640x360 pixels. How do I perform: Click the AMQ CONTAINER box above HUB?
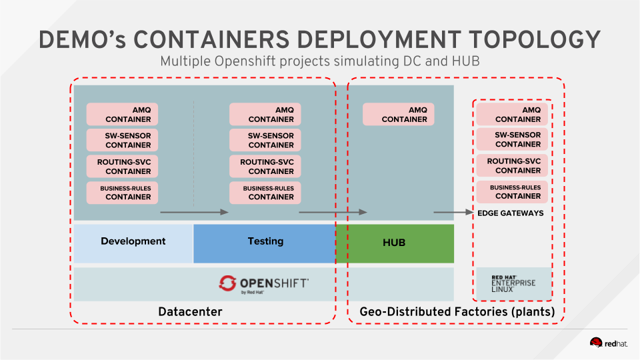tap(398, 114)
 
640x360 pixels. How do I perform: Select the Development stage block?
tap(133, 241)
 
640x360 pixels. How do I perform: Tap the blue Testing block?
tap(265, 241)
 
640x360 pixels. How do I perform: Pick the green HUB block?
tap(394, 243)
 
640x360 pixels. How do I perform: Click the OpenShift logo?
tap(263, 284)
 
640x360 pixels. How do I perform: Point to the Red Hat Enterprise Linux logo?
tap(513, 284)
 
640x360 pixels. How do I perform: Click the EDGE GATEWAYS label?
tap(511, 213)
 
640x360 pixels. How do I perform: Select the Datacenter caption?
tap(190, 311)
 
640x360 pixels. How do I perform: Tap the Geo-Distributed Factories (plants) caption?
tap(457, 311)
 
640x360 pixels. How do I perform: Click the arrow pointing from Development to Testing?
tap(195, 212)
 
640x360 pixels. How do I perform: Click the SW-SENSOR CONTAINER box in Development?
tap(123, 140)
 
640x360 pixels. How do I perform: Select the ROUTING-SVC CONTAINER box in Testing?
tap(265, 166)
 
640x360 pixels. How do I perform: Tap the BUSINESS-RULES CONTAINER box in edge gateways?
tap(512, 192)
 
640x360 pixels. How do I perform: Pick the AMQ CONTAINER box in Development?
tap(123, 114)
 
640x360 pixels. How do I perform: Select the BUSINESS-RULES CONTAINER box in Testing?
tap(265, 193)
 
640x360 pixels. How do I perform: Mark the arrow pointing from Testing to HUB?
tap(333, 212)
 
